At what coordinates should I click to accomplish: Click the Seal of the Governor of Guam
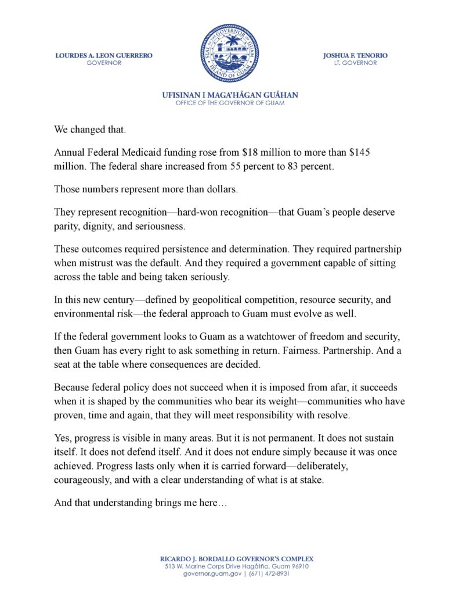coord(229,53)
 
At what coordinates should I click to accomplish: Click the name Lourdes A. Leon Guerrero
coord(104,56)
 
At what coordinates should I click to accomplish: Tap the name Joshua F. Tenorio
coord(355,56)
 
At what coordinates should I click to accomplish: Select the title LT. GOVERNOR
coord(355,63)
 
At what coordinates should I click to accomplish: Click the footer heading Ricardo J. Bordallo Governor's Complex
coord(230,558)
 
